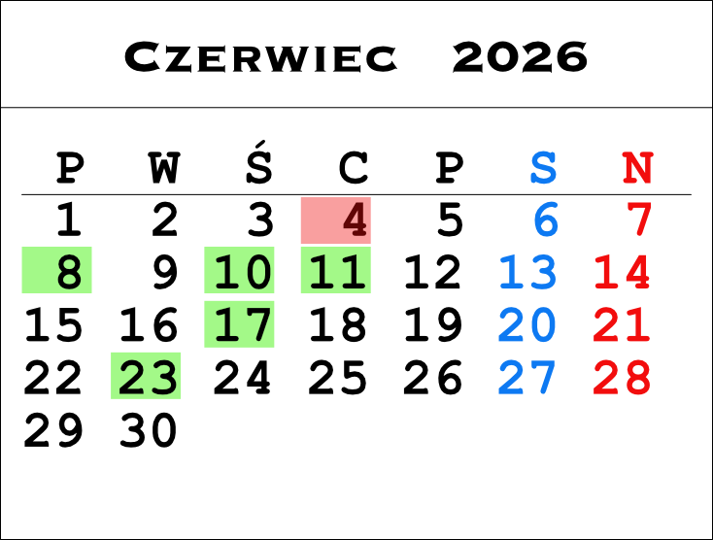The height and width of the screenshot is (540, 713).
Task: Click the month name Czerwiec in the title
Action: [x=260, y=57]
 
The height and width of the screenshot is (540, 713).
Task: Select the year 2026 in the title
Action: [x=520, y=57]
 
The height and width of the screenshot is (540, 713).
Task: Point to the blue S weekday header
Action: [x=543, y=168]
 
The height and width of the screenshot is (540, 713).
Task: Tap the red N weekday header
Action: [x=638, y=168]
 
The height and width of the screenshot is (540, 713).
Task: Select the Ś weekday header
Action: [x=259, y=162]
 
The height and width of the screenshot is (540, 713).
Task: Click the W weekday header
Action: [x=164, y=168]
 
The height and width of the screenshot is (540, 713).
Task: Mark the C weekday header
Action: [x=354, y=168]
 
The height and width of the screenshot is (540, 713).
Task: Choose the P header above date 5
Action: [x=449, y=168]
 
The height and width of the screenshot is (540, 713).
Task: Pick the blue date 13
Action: [x=527, y=272]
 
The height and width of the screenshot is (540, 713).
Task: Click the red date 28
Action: [x=622, y=377]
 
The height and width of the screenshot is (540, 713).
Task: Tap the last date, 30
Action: [x=148, y=429]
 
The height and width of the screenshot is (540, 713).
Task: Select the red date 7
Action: [x=639, y=220]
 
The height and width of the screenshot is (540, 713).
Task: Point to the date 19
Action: [x=433, y=324]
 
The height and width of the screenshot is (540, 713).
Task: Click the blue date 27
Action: [x=527, y=377]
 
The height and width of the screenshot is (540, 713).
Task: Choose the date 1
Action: [x=69, y=220]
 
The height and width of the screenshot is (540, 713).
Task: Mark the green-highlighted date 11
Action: [x=337, y=272]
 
